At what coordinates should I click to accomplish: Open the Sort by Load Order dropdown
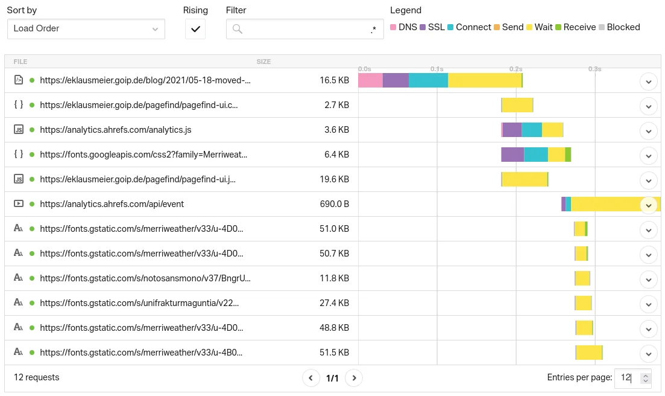click(86, 28)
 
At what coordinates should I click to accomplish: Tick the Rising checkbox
click(195, 29)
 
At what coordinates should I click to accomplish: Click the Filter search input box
click(304, 29)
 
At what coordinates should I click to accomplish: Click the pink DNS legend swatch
click(393, 27)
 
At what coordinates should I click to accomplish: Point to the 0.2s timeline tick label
click(515, 69)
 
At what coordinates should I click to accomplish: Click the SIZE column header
click(263, 62)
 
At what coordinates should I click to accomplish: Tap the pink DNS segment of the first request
click(370, 80)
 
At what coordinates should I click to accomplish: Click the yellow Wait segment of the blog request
click(485, 80)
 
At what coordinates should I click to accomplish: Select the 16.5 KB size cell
click(334, 80)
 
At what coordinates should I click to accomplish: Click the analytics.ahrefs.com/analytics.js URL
click(116, 130)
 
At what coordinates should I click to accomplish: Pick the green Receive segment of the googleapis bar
click(568, 155)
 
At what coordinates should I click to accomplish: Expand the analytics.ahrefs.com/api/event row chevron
click(648, 205)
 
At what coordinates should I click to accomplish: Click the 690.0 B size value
click(334, 204)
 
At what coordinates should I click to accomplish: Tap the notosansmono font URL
click(145, 278)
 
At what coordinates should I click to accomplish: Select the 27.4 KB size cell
click(334, 303)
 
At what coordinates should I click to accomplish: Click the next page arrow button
click(355, 378)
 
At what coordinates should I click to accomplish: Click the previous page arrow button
click(310, 378)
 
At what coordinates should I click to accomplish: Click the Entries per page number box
click(627, 378)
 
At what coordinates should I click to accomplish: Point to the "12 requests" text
click(37, 377)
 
